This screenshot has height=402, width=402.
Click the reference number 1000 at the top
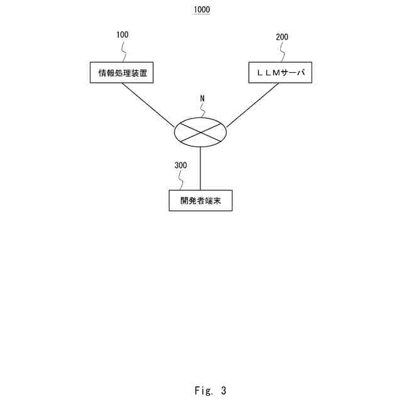click(x=202, y=10)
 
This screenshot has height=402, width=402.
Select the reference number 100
click(x=123, y=35)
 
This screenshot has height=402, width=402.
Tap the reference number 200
click(x=282, y=37)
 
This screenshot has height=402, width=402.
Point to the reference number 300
click(x=180, y=166)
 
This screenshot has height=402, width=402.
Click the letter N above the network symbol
click(x=202, y=99)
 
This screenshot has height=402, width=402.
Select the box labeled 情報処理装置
click(x=122, y=73)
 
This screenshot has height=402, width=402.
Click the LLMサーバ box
click(x=280, y=73)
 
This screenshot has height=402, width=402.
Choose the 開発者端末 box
click(x=200, y=201)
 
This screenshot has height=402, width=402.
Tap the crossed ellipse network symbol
click(x=200, y=131)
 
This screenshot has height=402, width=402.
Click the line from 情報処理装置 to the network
click(x=148, y=104)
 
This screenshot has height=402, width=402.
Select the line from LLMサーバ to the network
click(x=253, y=104)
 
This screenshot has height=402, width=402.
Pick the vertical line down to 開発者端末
click(x=200, y=168)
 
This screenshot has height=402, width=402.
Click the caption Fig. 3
click(x=210, y=391)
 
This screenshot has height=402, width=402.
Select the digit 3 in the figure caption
click(x=223, y=391)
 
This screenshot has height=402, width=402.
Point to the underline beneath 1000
click(x=202, y=14)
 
